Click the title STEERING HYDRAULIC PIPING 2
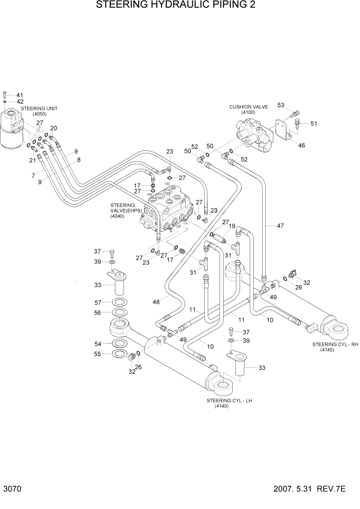(175, 6)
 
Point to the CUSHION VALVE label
(249, 107)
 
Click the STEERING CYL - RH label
(333, 344)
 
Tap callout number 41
(20, 95)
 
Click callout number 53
(281, 105)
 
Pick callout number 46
(302, 145)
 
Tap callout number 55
(98, 354)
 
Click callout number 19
(232, 226)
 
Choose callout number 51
(314, 123)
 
